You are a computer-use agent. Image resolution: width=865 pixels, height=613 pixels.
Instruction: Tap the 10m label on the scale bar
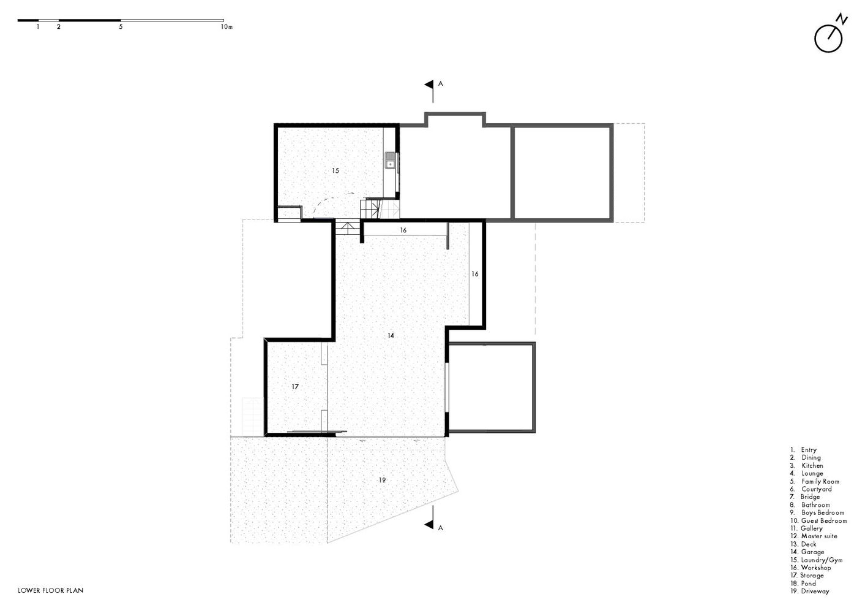(x=227, y=27)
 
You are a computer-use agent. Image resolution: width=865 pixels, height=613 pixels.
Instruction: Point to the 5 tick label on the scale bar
(x=121, y=27)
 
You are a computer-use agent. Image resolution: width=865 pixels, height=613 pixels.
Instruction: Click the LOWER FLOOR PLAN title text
(x=51, y=590)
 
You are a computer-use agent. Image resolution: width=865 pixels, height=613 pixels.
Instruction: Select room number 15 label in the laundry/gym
(x=335, y=170)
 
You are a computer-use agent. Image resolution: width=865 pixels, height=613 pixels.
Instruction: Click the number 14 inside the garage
(x=391, y=335)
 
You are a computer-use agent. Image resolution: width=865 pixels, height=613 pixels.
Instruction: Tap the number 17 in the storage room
(x=295, y=387)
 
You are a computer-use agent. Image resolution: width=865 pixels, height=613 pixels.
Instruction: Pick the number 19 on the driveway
(x=382, y=480)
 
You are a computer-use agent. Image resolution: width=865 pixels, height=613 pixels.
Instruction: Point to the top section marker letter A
(x=441, y=83)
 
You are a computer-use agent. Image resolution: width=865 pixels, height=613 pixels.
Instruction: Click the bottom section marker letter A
(x=441, y=528)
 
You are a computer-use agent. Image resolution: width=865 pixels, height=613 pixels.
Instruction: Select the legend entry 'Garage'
(x=812, y=552)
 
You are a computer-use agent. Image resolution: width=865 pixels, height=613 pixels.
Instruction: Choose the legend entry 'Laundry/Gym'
(x=822, y=560)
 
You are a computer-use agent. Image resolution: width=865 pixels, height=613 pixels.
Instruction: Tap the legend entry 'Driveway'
(x=815, y=592)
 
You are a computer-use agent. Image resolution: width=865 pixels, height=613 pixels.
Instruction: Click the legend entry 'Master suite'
(x=820, y=536)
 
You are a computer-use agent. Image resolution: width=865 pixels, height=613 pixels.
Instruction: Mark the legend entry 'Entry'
(x=809, y=450)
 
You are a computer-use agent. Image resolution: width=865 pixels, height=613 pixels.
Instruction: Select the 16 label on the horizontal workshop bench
(x=403, y=230)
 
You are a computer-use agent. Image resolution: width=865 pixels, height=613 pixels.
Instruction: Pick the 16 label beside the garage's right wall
(x=475, y=274)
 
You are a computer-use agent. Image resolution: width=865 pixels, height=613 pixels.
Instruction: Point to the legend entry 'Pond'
(x=808, y=583)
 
